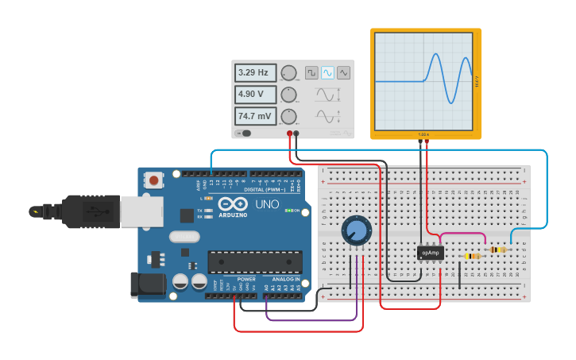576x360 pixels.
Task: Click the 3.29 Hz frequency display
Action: (255, 73)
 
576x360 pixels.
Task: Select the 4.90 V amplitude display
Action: (255, 95)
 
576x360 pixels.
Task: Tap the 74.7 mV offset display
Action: (255, 116)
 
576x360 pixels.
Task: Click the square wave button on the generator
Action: (311, 72)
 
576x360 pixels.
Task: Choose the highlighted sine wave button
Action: (327, 72)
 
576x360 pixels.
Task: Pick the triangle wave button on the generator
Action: (343, 72)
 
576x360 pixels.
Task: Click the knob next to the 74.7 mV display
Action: (288, 117)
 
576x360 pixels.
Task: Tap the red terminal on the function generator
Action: (289, 134)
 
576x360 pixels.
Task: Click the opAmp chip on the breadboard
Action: (430, 252)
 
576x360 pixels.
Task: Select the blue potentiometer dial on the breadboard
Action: (356, 231)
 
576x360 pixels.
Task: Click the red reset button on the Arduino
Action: (153, 180)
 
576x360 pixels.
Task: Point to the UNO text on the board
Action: (267, 204)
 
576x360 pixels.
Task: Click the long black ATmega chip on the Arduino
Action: (254, 261)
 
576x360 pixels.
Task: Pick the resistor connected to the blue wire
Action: (498, 250)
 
